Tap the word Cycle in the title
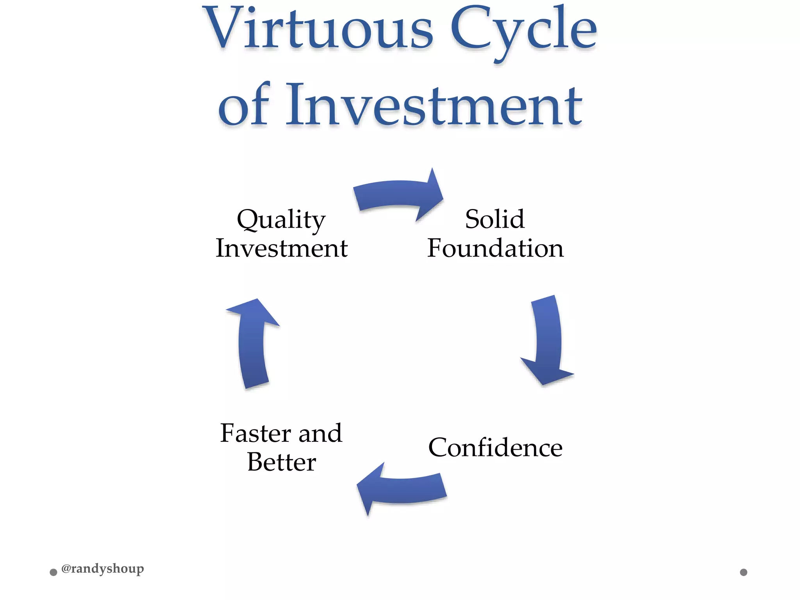point(523,31)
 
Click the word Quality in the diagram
point(281,220)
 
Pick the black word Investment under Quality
point(282,248)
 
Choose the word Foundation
point(495,248)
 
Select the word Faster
point(255,433)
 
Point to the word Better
point(282,462)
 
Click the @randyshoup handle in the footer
point(103,569)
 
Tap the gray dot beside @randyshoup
point(54,572)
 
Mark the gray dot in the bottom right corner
point(744,572)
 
